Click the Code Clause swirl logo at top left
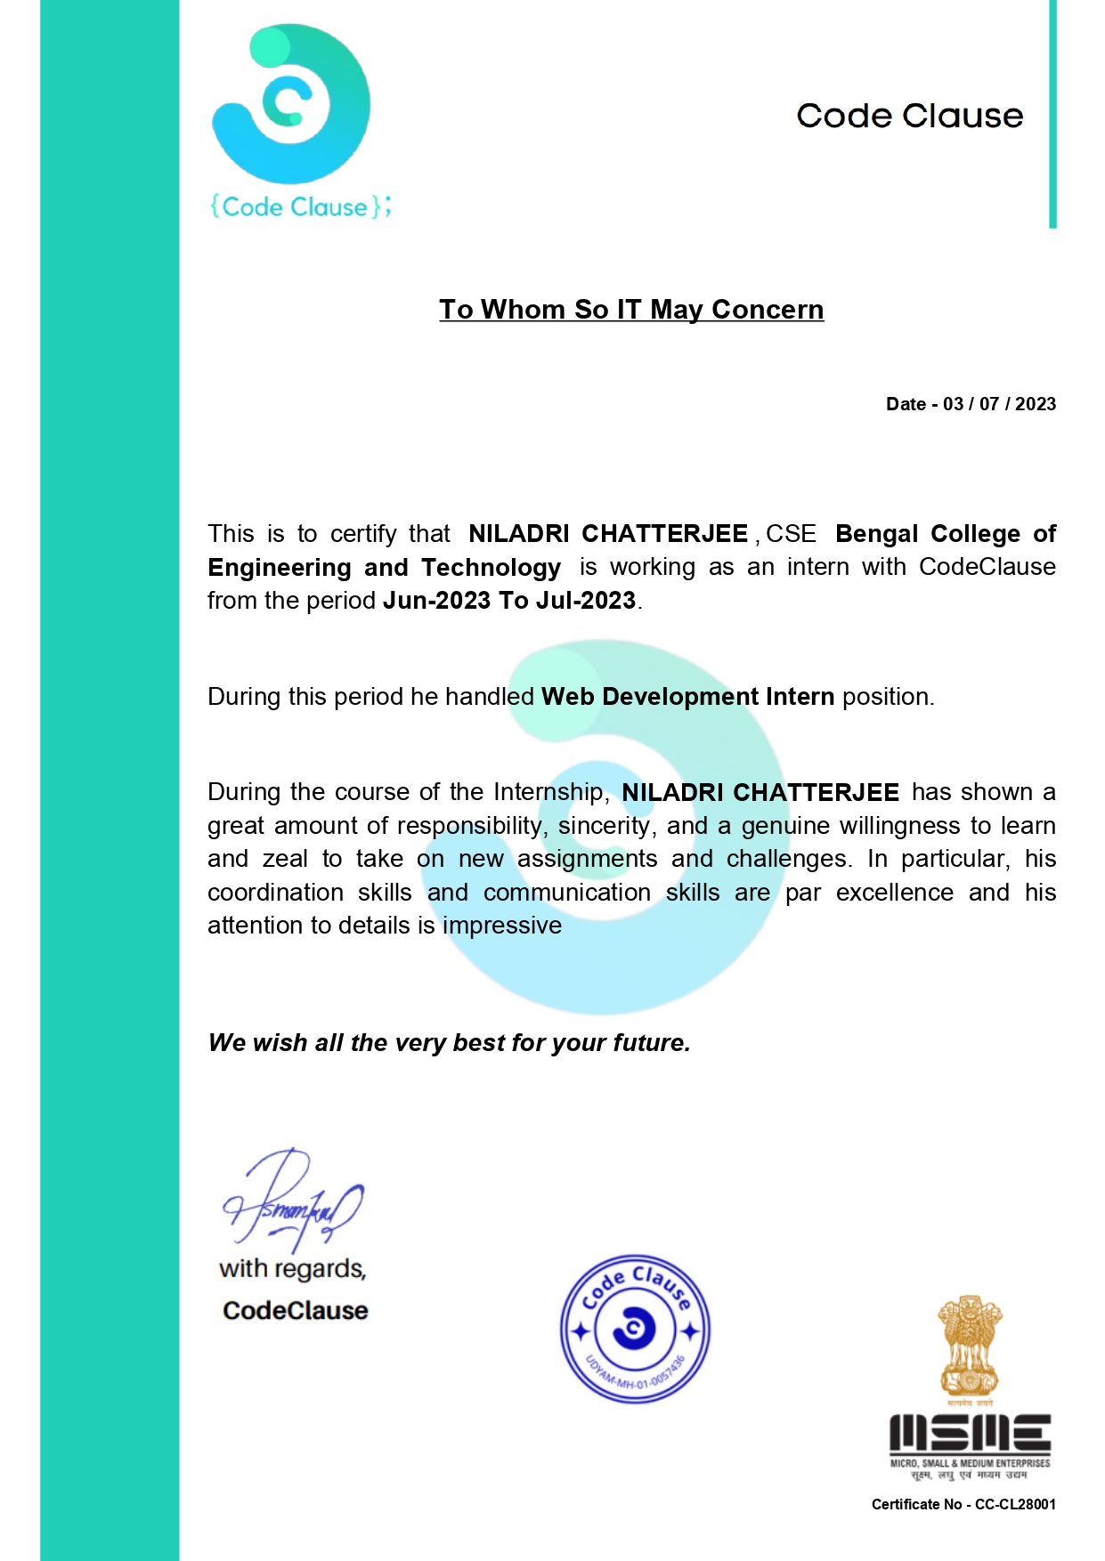pos(290,105)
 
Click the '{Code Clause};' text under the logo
pos(300,207)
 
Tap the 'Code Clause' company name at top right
pos(909,116)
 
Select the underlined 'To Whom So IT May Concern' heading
pos(631,310)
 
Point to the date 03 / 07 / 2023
pos(999,404)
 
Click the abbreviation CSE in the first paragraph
pos(791,534)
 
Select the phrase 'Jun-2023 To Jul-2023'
pos(509,601)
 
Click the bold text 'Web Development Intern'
pos(687,696)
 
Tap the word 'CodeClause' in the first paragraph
pos(987,567)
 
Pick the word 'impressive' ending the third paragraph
pos(502,926)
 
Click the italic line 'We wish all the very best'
pos(450,1043)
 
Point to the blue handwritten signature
pos(292,1201)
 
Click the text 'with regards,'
pos(293,1269)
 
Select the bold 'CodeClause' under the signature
pos(296,1311)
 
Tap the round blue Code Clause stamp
pos(635,1330)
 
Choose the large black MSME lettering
pos(970,1434)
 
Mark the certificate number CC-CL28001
pos(1015,1504)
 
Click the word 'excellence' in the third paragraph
pos(894,893)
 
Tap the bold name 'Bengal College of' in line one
pos(945,534)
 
